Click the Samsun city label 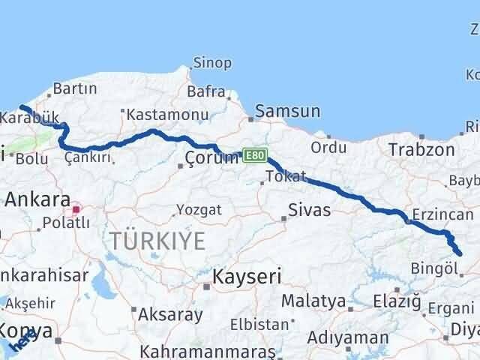point(288,112)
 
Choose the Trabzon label point(421,150)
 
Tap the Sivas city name point(310,210)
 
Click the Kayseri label point(247,277)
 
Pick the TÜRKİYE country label point(157,241)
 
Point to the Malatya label point(313,301)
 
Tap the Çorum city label point(211,157)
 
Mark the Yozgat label point(199,210)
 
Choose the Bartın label point(76,89)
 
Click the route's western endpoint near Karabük point(20,107)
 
